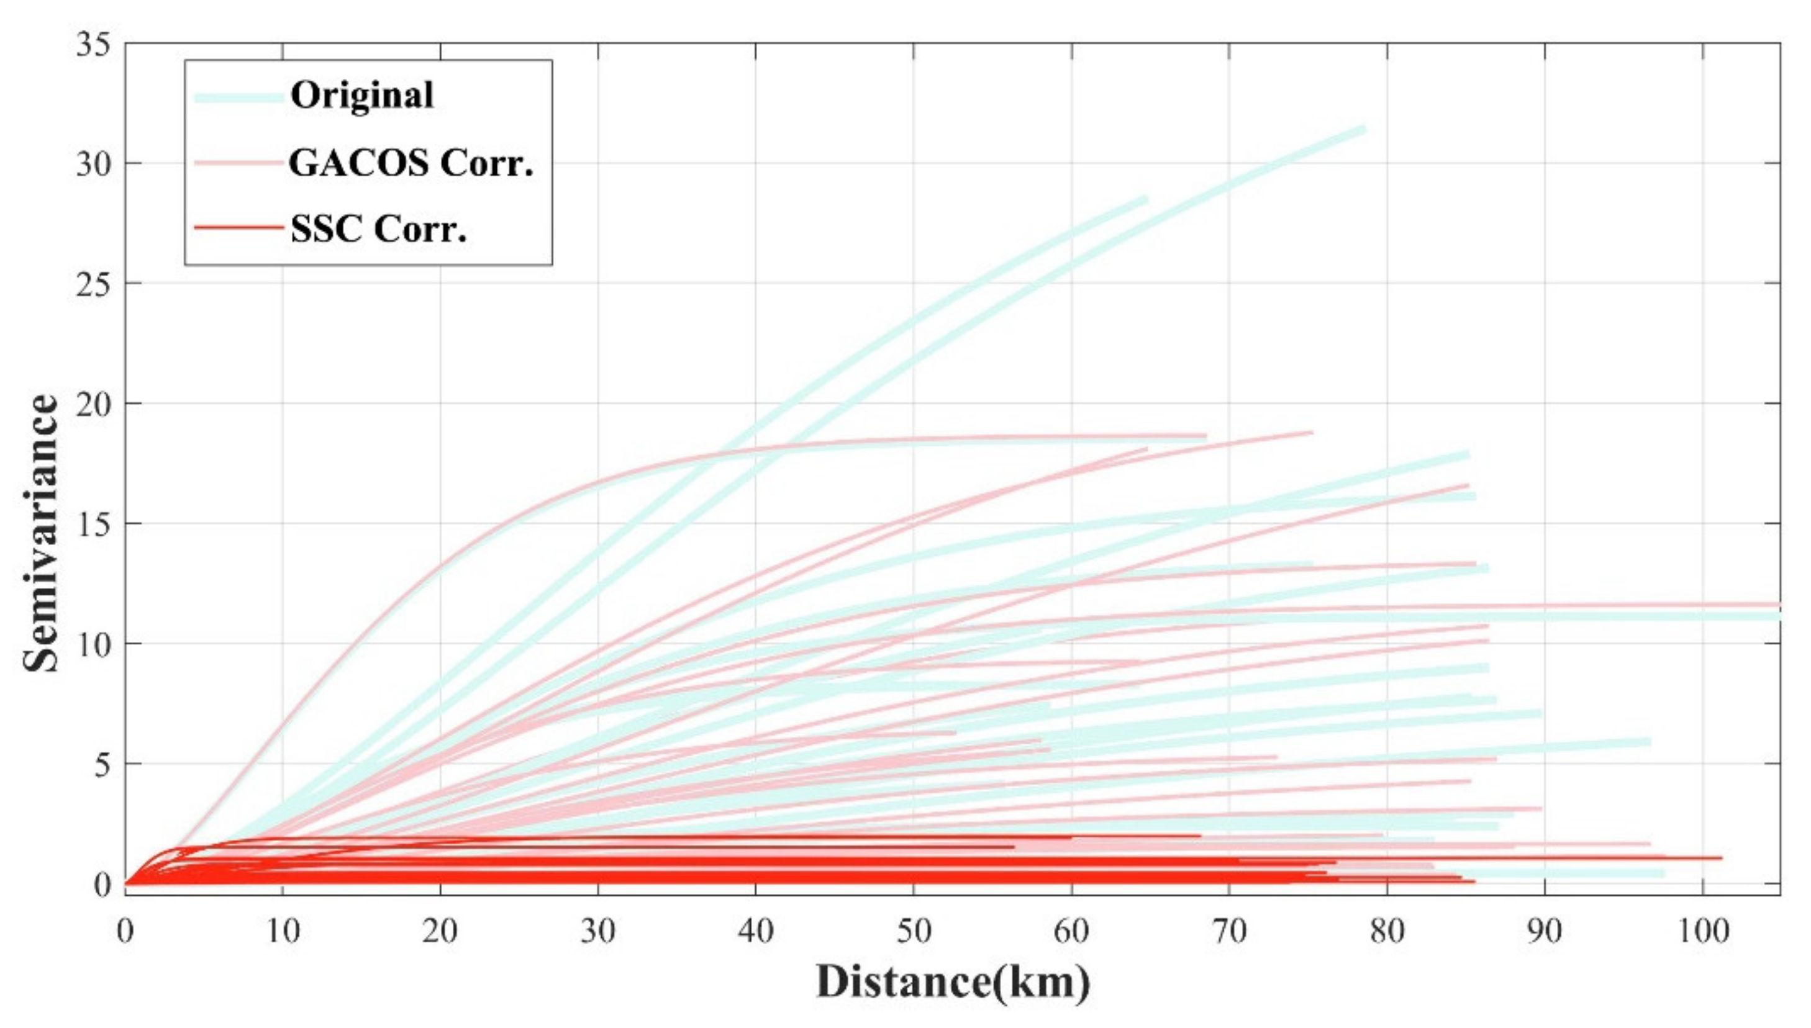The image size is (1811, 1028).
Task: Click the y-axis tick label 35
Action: pyautogui.click(x=93, y=45)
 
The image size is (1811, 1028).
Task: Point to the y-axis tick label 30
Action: pyautogui.click(x=93, y=165)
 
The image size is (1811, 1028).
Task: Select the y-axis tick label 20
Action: pyautogui.click(x=93, y=405)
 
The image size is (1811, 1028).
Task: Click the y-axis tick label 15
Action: pyautogui.click(x=93, y=525)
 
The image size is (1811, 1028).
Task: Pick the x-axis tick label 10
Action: pyautogui.click(x=283, y=932)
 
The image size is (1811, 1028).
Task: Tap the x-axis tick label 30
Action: pyautogui.click(x=598, y=932)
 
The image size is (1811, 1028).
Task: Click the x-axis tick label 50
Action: pyautogui.click(x=914, y=932)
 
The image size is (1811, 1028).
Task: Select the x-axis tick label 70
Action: pyautogui.click(x=1229, y=932)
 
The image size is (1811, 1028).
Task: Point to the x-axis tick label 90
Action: pyautogui.click(x=1544, y=932)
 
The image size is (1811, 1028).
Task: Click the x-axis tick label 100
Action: pyautogui.click(x=1702, y=932)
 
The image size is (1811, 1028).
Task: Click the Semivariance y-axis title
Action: pyautogui.click(x=41, y=533)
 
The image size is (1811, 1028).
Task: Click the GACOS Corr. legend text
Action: pyautogui.click(x=411, y=164)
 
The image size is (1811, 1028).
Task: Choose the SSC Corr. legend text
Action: pyautogui.click(x=379, y=229)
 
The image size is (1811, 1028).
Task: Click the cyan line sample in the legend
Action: pyautogui.click(x=238, y=97)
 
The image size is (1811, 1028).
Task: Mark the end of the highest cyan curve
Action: pyautogui.click(x=1363, y=129)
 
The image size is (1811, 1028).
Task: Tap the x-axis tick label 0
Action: pyautogui.click(x=125, y=932)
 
